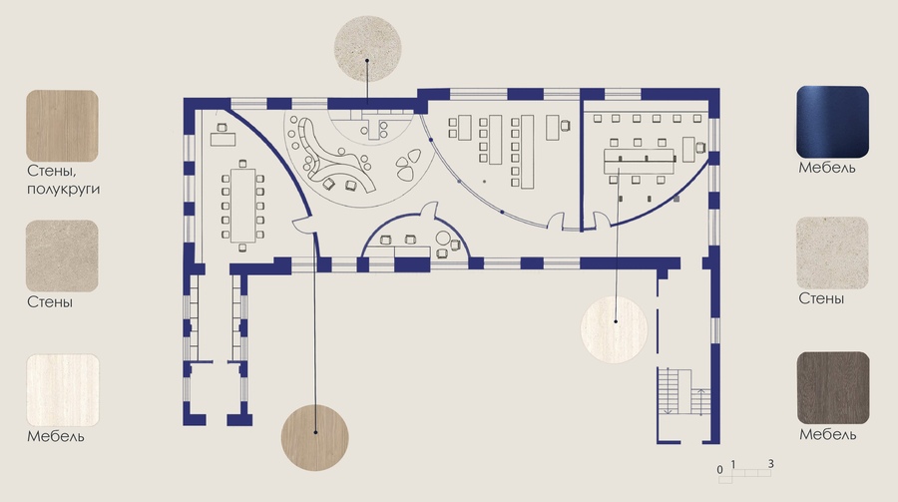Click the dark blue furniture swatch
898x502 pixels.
832,122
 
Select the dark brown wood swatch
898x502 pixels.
833,388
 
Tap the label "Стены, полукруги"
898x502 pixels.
63,180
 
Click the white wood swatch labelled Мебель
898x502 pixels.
63,390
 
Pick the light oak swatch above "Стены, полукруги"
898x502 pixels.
62,126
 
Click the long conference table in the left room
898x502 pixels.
242,206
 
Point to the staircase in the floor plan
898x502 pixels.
683,391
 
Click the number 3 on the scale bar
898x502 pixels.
771,464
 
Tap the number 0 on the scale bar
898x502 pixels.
719,470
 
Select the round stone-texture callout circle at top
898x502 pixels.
367,49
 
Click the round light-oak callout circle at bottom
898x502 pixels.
314,438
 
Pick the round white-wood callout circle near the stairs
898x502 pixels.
614,329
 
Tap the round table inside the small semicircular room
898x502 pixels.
443,238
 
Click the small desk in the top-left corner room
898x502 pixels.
223,140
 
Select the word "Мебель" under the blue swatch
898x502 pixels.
827,168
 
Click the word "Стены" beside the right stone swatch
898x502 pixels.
821,298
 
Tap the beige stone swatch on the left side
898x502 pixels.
62,256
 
